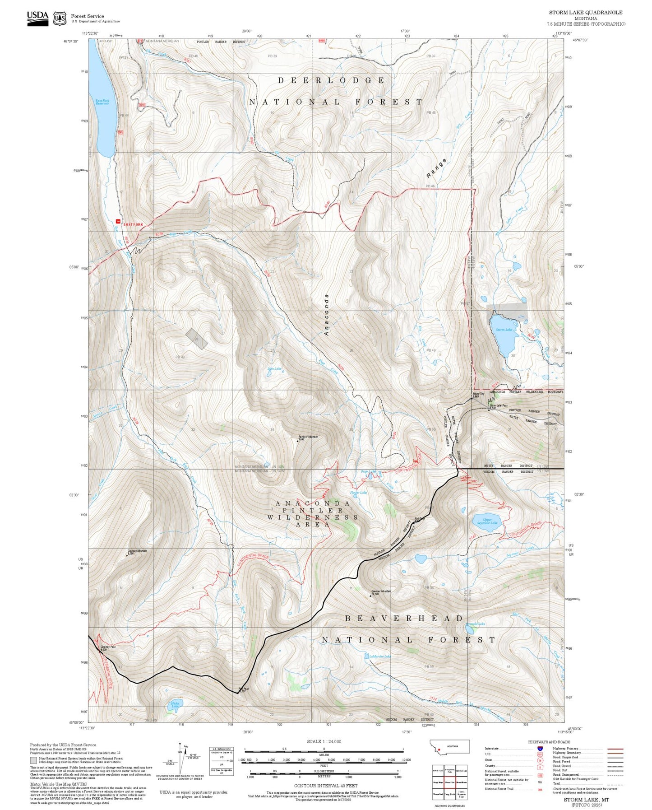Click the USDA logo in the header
[x=37, y=17]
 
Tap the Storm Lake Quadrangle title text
[x=585, y=13]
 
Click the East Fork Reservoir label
[x=102, y=102]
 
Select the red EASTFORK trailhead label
[x=133, y=224]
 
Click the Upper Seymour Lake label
[x=487, y=521]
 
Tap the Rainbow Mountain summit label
[x=308, y=437]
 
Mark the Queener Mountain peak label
[x=381, y=592]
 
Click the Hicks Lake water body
[x=173, y=706]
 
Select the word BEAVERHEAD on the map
[x=404, y=618]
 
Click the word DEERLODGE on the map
[x=331, y=80]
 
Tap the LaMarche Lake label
[x=379, y=656]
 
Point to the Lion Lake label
[x=274, y=369]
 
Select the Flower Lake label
[x=359, y=493]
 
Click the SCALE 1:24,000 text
[x=324, y=741]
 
